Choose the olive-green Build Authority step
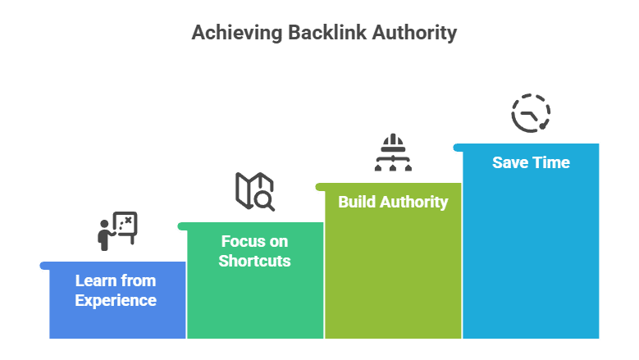pos(393,271)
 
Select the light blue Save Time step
pos(531,246)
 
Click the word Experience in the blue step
pos(116,300)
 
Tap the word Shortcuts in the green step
pos(255,262)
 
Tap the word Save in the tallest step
pos(510,162)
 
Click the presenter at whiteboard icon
pos(116,230)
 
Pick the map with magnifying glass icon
pos(255,191)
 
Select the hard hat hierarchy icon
pos(393,152)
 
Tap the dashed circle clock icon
pos(531,113)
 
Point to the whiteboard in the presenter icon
pos(126,223)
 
